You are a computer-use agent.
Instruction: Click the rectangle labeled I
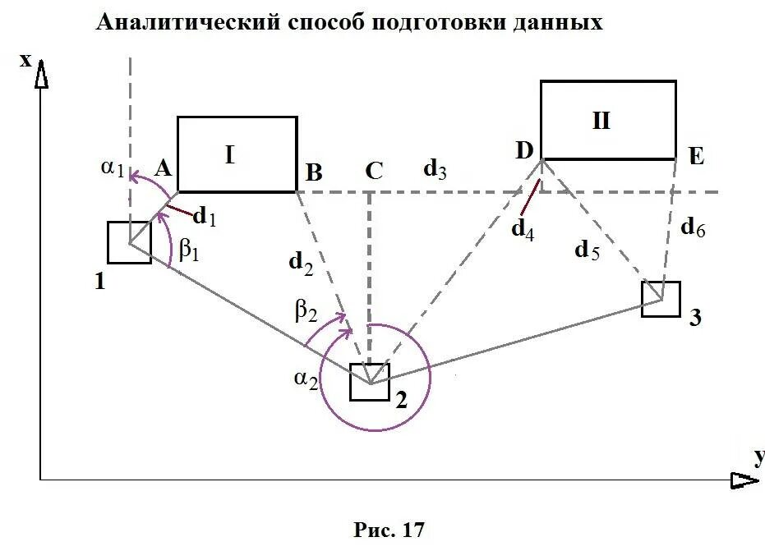(237, 154)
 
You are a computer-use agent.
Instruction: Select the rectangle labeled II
(608, 120)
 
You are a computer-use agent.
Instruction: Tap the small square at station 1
(129, 242)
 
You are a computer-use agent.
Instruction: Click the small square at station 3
(661, 300)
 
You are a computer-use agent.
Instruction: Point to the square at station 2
(370, 382)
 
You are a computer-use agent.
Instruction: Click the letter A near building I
(162, 169)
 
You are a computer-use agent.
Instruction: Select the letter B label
(313, 172)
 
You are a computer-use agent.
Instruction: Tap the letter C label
(373, 171)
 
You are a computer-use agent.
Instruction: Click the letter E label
(697, 156)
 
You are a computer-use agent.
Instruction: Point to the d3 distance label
(435, 169)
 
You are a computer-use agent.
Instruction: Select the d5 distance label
(587, 250)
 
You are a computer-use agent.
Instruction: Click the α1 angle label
(113, 168)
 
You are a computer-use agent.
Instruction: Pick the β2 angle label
(305, 310)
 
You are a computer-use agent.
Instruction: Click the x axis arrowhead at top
(40, 76)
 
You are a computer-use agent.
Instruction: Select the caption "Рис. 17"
(389, 530)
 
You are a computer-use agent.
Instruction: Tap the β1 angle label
(189, 250)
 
